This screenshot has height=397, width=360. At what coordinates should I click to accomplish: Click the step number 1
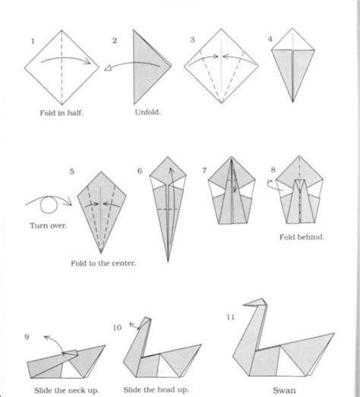pos(28,39)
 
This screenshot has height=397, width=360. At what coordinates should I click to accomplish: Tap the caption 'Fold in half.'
pos(62,113)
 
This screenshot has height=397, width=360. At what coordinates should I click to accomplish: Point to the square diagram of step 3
pos(220,66)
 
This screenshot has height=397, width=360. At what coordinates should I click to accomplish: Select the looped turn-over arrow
pos(46,204)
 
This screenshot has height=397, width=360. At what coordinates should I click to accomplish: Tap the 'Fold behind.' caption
pos(302,237)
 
